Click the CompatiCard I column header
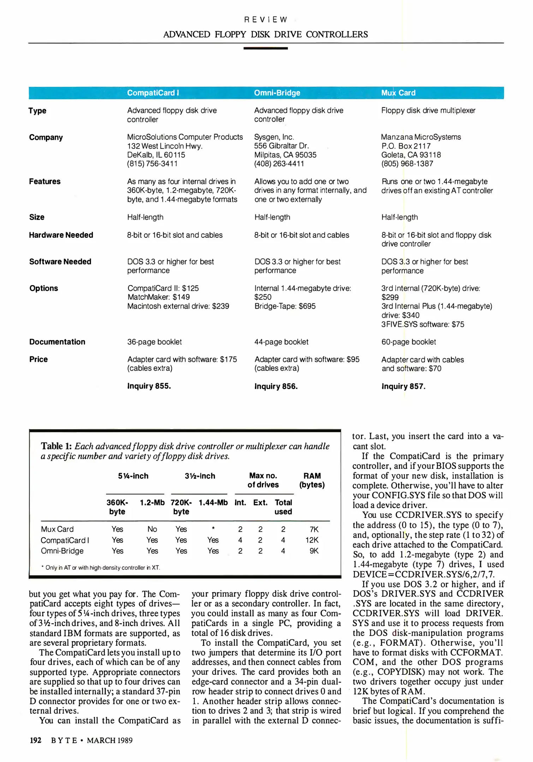coord(153,93)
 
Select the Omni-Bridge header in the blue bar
coord(277,93)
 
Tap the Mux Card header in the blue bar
coord(398,93)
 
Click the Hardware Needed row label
coord(61,235)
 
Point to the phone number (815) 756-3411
coord(152,164)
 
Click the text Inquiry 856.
coord(276,386)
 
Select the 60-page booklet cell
coord(408,342)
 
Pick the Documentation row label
coord(57,342)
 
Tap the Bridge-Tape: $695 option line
coord(285,306)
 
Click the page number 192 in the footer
coord(35,740)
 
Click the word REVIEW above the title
coord(266,19)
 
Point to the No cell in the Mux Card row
coord(152,529)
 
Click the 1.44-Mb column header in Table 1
coord(213,502)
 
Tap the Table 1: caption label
coord(56,446)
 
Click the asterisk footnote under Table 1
coord(101,568)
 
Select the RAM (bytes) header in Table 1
coord(312,480)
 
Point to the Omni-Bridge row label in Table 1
coord(62,551)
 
